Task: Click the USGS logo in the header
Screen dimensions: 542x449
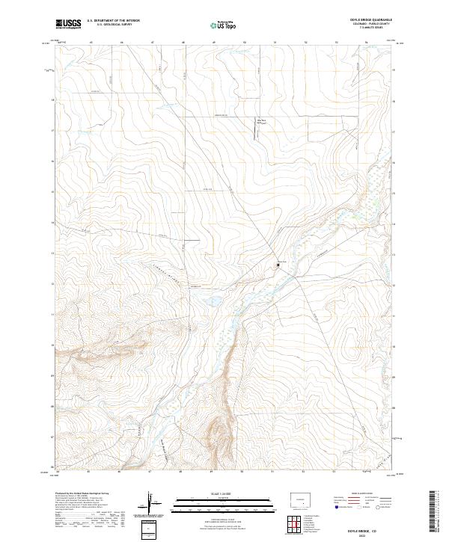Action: pyautogui.click(x=69, y=24)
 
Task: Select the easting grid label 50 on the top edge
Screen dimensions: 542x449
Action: pyautogui.click(x=245, y=43)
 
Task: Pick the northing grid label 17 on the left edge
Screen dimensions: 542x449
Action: pyautogui.click(x=53, y=130)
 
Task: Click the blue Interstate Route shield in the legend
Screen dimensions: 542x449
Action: pyautogui.click(x=335, y=507)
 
